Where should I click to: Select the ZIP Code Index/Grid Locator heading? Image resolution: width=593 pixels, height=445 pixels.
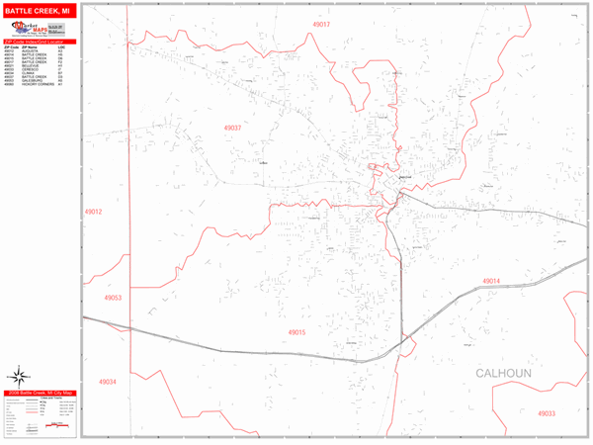(x=40, y=42)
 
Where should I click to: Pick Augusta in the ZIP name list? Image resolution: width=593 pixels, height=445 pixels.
(x=27, y=51)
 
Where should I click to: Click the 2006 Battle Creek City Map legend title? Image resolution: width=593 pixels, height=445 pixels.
(x=40, y=393)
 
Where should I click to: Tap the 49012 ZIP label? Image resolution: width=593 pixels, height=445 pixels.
(x=93, y=212)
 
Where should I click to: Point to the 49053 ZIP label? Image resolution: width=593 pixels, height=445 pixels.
(x=112, y=297)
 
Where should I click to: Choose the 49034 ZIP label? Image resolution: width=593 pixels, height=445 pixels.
(x=107, y=382)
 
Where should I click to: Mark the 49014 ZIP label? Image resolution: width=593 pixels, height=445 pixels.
(x=491, y=282)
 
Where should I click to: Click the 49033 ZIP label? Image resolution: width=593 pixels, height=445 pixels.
(x=546, y=413)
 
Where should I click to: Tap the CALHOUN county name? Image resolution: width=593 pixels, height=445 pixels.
(x=503, y=374)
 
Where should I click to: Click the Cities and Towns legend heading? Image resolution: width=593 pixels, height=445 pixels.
(x=44, y=400)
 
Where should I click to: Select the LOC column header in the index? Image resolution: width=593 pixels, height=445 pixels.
(x=62, y=47)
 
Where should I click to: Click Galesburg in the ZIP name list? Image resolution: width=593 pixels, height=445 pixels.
(x=29, y=80)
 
